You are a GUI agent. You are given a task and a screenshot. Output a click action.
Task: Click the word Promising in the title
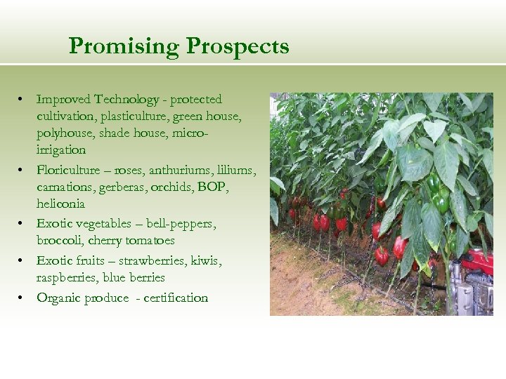pos(124,47)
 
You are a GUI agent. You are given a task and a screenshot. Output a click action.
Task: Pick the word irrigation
pos(61,150)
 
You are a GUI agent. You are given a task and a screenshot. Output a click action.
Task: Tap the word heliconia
pos(60,204)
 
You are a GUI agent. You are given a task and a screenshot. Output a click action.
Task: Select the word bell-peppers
pos(181,224)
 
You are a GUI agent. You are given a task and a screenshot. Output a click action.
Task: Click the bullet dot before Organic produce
pos(22,298)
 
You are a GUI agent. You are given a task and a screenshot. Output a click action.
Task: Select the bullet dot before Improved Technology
pos(22,100)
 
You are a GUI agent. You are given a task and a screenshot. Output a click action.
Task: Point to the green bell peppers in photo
pos(441,200)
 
